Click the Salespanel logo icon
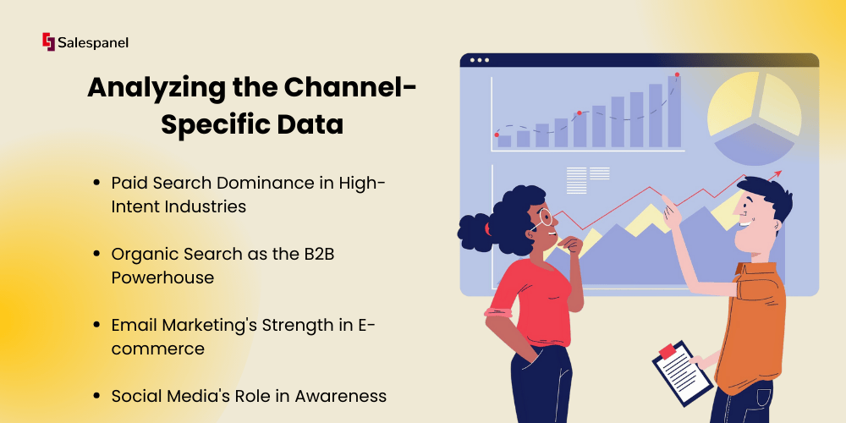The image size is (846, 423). coord(48,42)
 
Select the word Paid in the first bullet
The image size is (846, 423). coord(129,183)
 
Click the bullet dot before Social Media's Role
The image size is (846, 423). coord(96,396)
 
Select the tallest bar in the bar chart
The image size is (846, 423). coord(674,111)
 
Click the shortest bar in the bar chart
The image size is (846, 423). coord(504,140)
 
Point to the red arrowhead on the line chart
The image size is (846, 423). coord(777,173)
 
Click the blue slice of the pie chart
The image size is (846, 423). coord(755,146)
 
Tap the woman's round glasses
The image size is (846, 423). coord(543,217)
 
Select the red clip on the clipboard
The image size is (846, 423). coord(667,351)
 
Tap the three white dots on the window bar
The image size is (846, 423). coord(480,60)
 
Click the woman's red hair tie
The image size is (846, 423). coord(488,229)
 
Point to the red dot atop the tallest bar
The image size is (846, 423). coord(677,74)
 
